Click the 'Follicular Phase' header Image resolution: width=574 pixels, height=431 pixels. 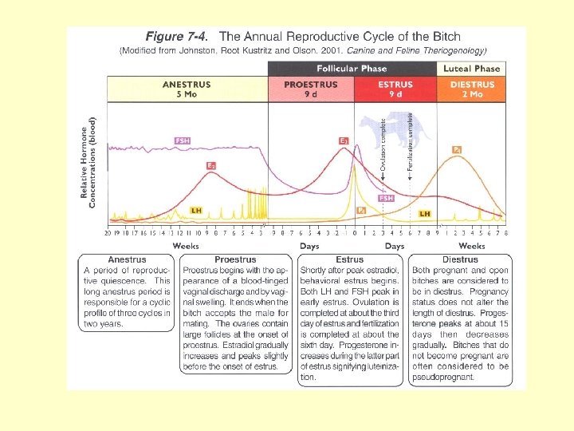[352, 69]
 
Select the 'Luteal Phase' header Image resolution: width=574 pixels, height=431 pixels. [472, 69]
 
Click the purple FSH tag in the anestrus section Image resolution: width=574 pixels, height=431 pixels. [182, 141]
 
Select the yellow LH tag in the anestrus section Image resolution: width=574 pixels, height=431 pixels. [196, 210]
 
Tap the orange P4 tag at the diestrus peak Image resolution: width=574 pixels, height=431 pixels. [457, 149]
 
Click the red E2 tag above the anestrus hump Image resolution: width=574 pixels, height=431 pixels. [211, 165]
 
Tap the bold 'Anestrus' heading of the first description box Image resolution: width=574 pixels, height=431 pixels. [127, 259]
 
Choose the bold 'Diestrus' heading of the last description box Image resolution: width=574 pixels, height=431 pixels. [459, 259]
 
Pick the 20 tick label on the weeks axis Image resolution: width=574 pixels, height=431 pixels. [108, 234]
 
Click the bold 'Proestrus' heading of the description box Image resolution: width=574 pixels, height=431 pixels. [235, 259]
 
